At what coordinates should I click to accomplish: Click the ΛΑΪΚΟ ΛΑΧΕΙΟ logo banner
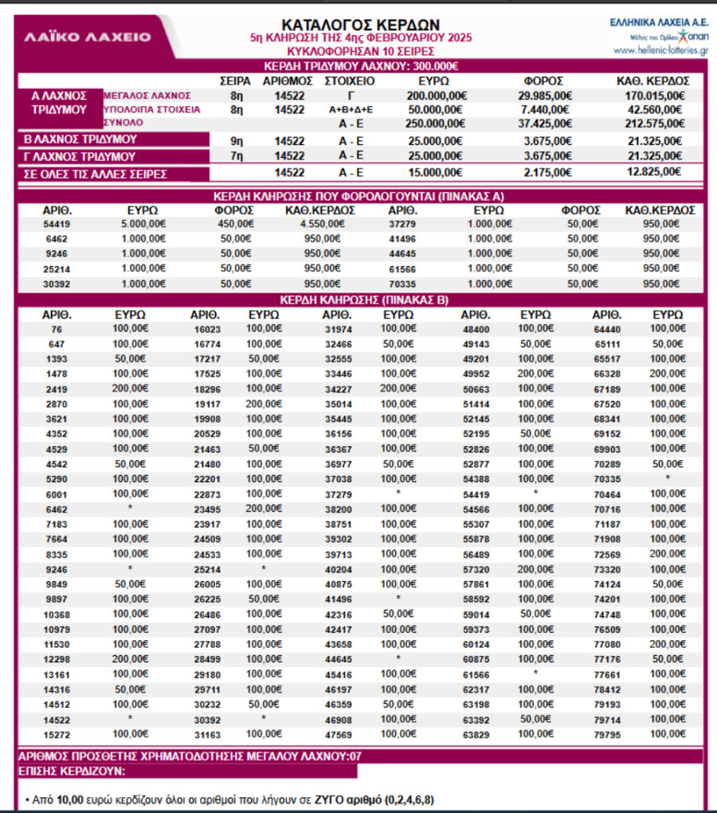coord(88,37)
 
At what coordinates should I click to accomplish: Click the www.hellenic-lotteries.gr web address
coord(662,49)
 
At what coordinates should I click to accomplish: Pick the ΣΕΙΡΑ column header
coord(235,81)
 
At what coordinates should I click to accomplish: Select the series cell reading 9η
coord(236,140)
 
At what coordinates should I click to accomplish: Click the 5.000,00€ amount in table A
coord(144,224)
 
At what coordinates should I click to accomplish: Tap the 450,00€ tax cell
coord(236,224)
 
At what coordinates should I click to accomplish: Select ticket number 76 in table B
coord(56,329)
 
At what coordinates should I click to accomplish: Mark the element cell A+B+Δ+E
coord(351,109)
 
